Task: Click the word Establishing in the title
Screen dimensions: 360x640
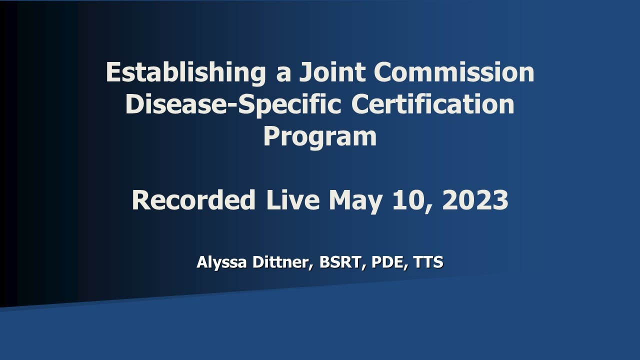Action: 185,73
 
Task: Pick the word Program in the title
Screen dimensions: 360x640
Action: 320,137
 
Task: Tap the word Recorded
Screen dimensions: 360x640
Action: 193,200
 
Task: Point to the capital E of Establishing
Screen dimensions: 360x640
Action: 113,73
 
